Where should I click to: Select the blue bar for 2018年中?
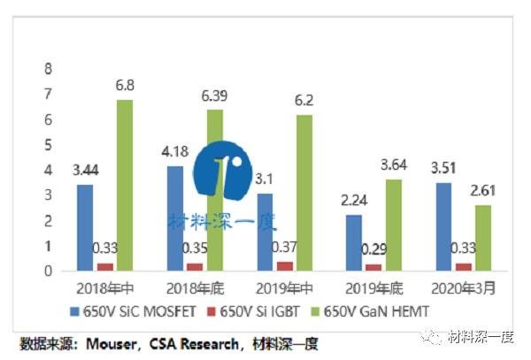[85, 226]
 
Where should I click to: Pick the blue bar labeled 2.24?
[354, 241]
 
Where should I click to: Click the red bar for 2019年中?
[285, 264]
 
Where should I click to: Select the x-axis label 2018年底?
[195, 288]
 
